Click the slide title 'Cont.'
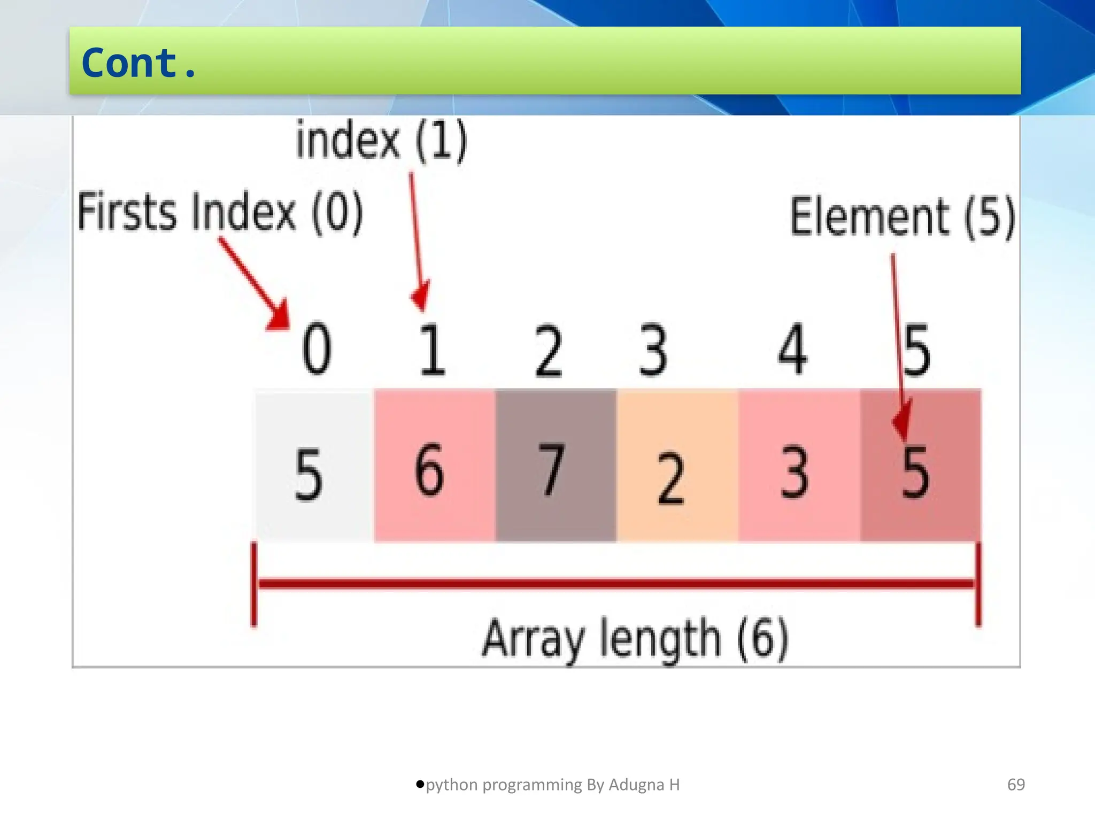click(x=139, y=63)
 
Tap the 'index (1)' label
click(x=381, y=140)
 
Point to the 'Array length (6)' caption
click(x=635, y=638)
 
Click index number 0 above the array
click(x=317, y=348)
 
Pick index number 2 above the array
click(x=549, y=351)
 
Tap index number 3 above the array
click(x=653, y=350)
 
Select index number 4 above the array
click(x=792, y=348)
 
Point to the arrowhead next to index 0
click(x=280, y=316)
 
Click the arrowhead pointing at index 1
click(x=421, y=298)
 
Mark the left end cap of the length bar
click(x=254, y=584)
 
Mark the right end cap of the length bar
click(x=978, y=584)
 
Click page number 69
click(x=1016, y=785)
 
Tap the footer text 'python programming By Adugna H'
click(x=552, y=785)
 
